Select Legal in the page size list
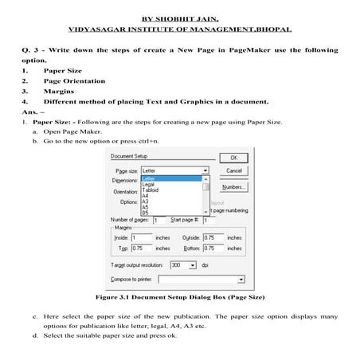pos(148,185)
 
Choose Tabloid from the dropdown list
pos(151,190)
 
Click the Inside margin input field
pos(141,237)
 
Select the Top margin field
pos(141,248)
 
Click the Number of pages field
pos(158,220)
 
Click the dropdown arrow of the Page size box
pos(205,170)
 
